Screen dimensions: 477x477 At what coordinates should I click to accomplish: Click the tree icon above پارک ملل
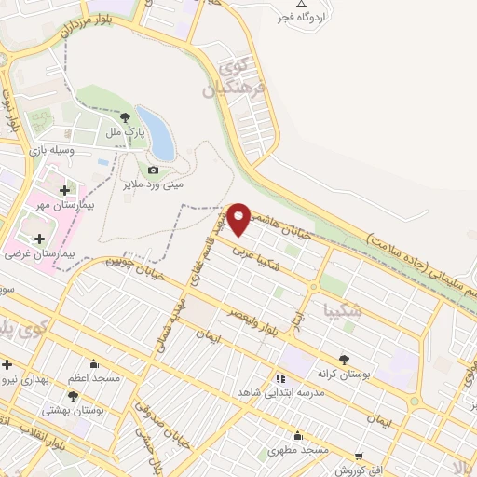click(x=126, y=117)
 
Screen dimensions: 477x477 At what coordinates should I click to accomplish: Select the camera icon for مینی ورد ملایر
click(x=154, y=170)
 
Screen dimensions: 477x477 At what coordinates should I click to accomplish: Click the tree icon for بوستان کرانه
click(x=344, y=360)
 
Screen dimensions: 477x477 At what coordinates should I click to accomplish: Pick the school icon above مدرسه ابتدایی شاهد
click(x=279, y=377)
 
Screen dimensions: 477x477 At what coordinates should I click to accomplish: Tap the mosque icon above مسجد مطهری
click(x=297, y=436)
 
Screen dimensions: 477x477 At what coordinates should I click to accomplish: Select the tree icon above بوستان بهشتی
click(x=100, y=396)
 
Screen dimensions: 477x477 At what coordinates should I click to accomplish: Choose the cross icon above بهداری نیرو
click(x=7, y=364)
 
